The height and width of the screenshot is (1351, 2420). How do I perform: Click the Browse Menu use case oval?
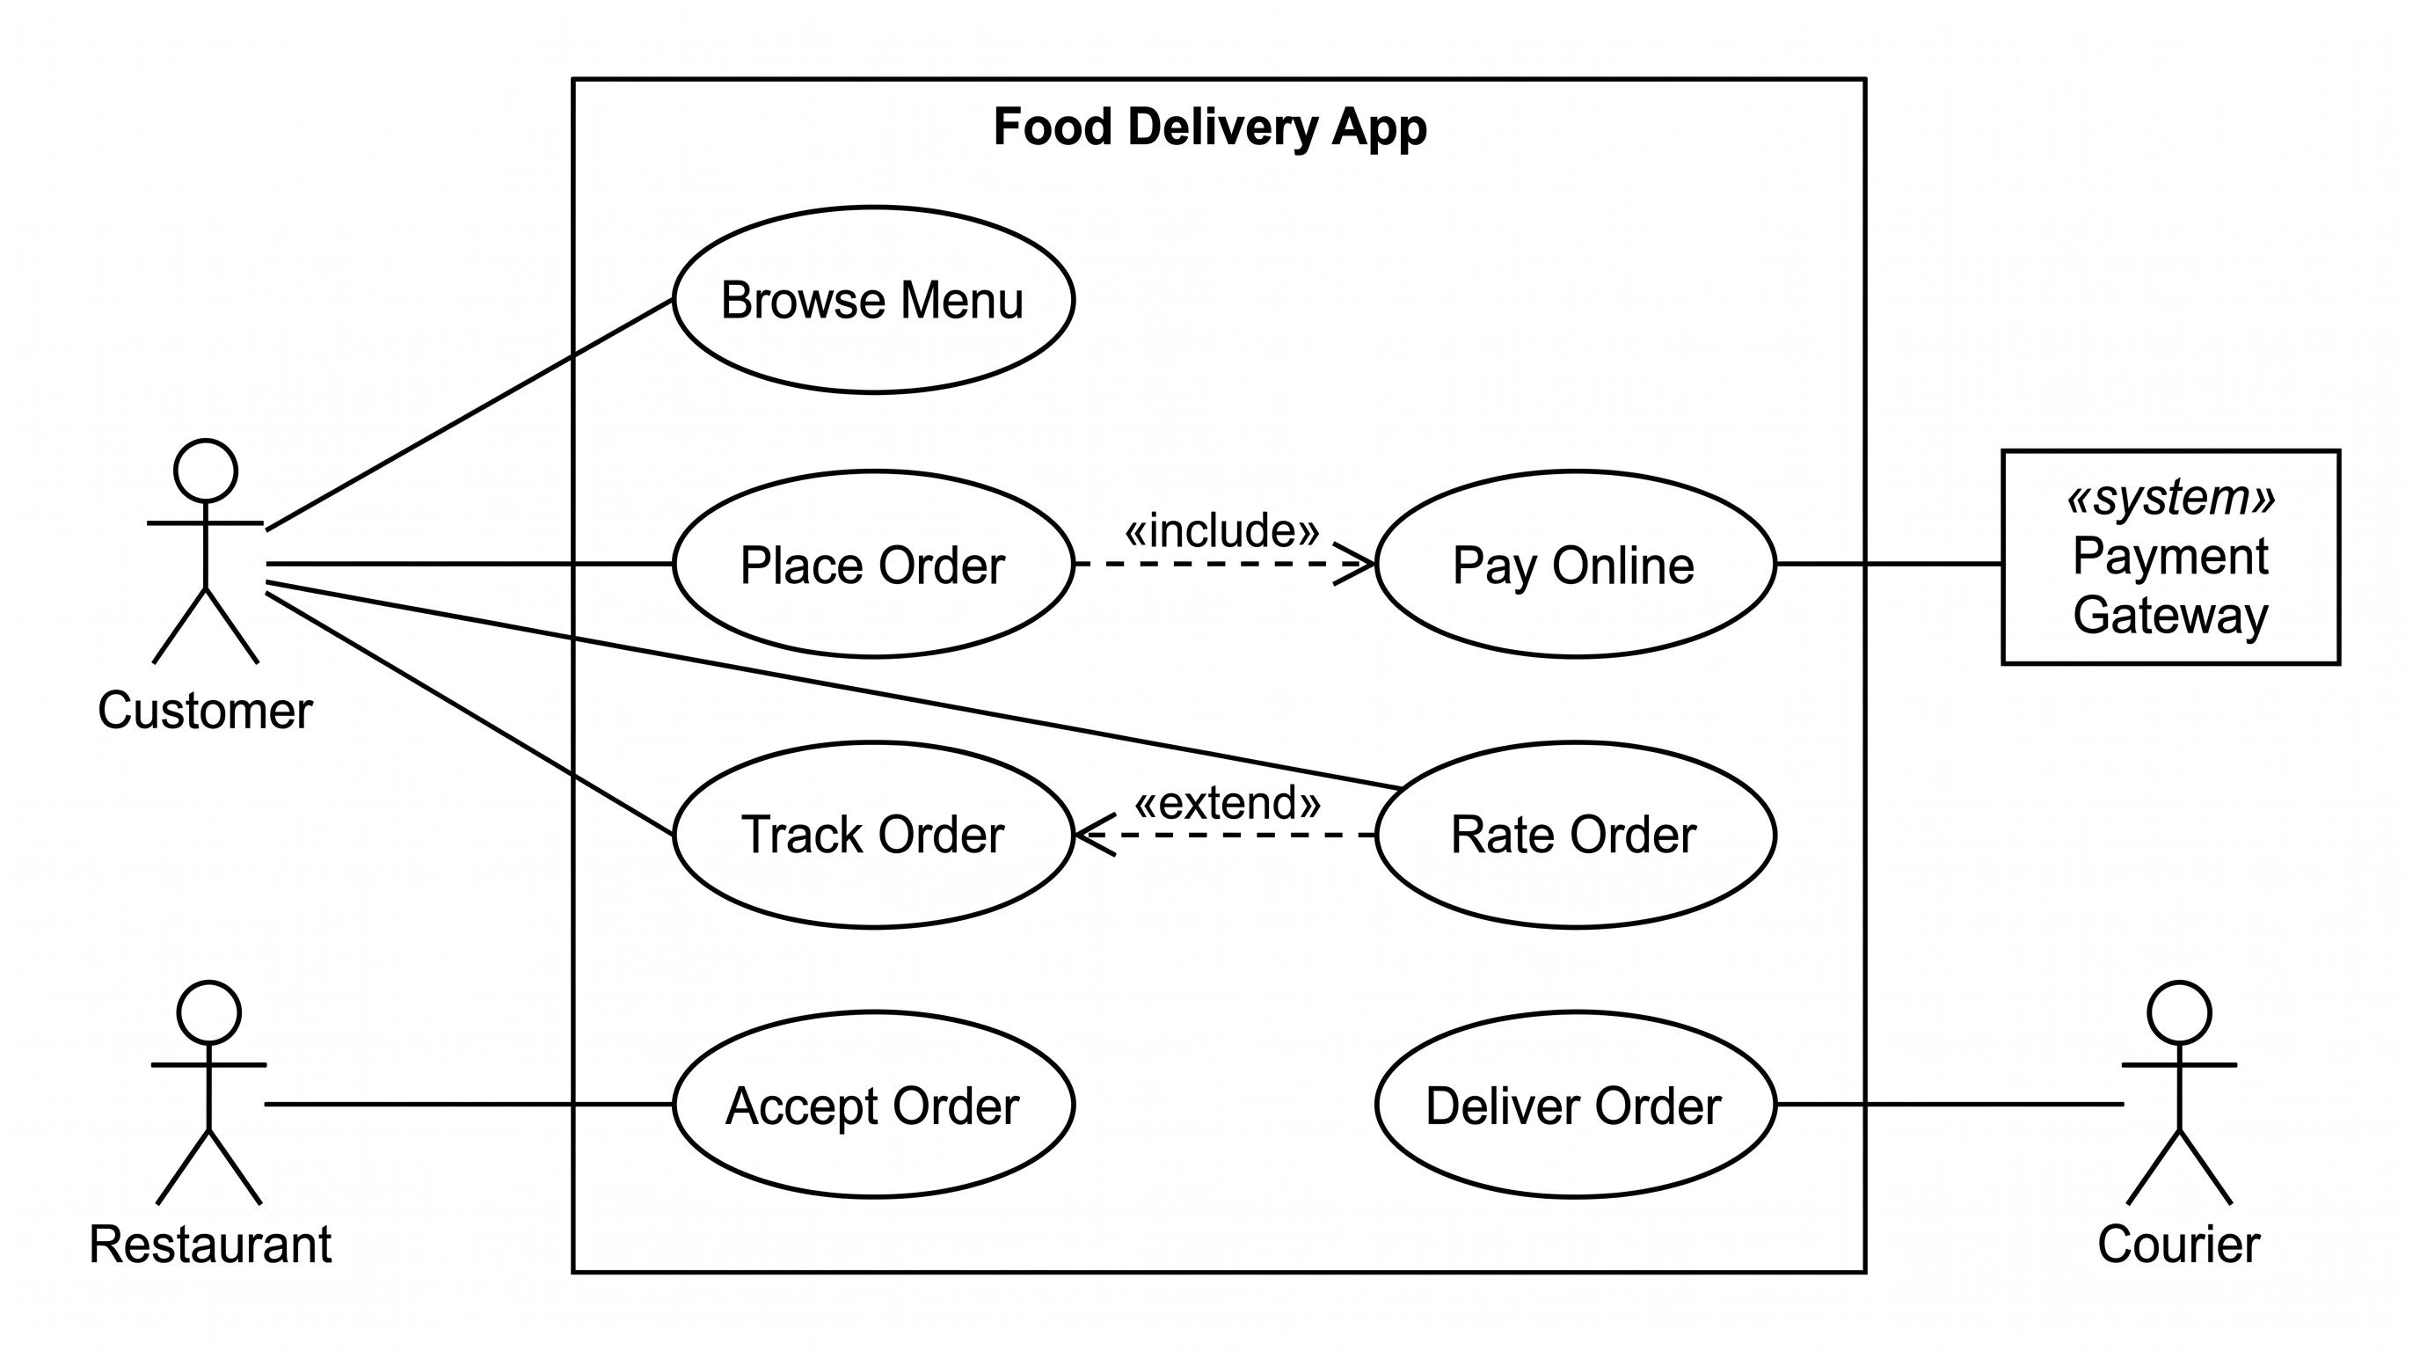[x=874, y=300]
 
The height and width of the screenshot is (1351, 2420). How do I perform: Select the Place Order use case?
[x=874, y=564]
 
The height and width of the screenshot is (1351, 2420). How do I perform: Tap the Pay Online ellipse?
[x=1576, y=564]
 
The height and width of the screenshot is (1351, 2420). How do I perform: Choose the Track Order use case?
[x=874, y=835]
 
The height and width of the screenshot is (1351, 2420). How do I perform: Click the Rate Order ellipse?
[x=1576, y=835]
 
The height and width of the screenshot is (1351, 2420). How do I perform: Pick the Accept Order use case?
[x=874, y=1104]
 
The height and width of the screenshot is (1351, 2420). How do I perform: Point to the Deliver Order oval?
[x=1576, y=1104]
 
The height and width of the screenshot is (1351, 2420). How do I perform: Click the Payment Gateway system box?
[x=2171, y=557]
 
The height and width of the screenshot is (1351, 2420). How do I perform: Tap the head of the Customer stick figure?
[x=205, y=470]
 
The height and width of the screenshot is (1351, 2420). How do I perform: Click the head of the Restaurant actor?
[x=208, y=1012]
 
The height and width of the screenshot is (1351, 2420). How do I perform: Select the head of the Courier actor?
[x=2180, y=1012]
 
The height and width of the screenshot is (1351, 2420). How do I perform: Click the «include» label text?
[x=1222, y=531]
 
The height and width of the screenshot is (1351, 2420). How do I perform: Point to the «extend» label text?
[x=1228, y=803]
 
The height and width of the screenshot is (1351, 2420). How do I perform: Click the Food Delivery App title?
[x=1210, y=127]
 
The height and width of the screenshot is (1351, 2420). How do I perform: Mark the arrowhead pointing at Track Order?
[x=1096, y=835]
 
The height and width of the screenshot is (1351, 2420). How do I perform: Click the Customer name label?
[x=205, y=711]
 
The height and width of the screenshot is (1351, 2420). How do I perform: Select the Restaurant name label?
[x=210, y=1244]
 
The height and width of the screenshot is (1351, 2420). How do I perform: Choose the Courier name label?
[x=2178, y=1244]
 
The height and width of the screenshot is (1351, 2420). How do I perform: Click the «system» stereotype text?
[x=2171, y=497]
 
